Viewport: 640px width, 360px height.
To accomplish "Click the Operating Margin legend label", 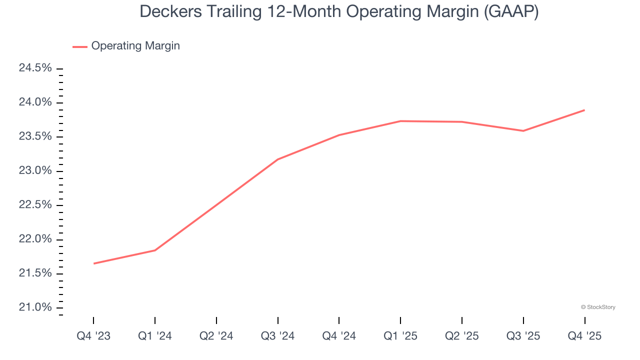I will (135, 46).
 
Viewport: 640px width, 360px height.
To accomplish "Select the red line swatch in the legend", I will (80, 46).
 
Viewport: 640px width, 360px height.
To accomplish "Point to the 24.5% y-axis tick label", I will (35, 68).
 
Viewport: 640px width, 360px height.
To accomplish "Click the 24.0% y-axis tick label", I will (35, 102).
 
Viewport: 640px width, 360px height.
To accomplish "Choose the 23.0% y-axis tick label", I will (35, 171).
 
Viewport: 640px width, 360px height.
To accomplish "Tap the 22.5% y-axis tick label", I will (35, 205).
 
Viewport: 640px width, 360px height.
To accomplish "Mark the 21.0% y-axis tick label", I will (35, 307).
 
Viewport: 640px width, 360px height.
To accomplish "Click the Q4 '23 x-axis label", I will (93, 336).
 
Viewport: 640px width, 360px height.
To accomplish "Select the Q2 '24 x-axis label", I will (216, 336).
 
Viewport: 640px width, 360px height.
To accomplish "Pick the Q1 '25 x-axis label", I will (400, 336).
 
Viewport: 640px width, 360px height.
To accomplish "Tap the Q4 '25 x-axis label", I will (584, 336).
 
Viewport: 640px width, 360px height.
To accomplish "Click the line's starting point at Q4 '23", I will (93, 263).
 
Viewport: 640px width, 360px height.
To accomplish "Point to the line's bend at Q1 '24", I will (155, 250).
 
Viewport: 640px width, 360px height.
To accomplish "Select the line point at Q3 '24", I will (278, 159).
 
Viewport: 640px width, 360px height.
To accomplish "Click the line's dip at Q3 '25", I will (523, 131).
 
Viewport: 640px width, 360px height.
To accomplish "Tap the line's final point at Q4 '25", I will (584, 110).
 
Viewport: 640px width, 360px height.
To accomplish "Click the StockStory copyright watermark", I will (598, 307).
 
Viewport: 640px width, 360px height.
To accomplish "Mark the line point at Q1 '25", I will (400, 121).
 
